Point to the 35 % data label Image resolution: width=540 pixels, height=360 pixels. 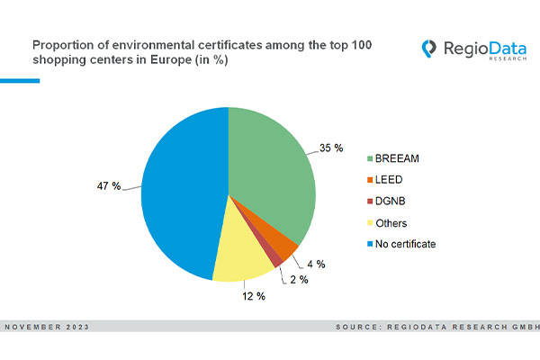332,148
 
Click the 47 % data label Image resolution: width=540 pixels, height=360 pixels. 110,185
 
